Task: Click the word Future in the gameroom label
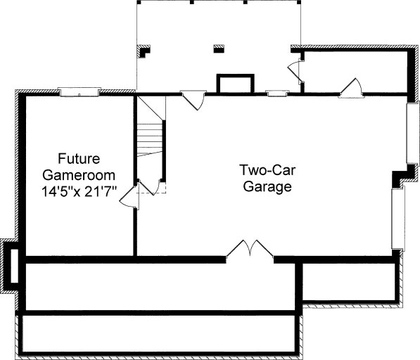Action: tap(79, 158)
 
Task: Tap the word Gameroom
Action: tap(79, 175)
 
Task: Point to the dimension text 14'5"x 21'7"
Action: tap(79, 192)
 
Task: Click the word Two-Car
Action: tap(267, 170)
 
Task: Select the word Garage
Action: tap(267, 186)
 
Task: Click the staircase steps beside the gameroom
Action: tap(150, 140)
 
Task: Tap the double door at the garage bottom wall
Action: tap(250, 248)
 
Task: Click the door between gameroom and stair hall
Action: tap(129, 197)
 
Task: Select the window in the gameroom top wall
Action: tap(79, 92)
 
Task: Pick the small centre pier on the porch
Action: tap(219, 49)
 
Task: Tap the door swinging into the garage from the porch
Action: tap(194, 101)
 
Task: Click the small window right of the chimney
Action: tap(277, 93)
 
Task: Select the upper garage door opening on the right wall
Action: tap(412, 133)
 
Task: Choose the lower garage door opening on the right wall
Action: tap(398, 219)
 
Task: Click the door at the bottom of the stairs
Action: tap(151, 187)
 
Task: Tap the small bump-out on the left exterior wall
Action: tap(10, 266)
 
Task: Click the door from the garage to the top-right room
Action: tap(351, 88)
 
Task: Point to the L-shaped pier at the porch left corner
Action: tap(144, 51)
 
